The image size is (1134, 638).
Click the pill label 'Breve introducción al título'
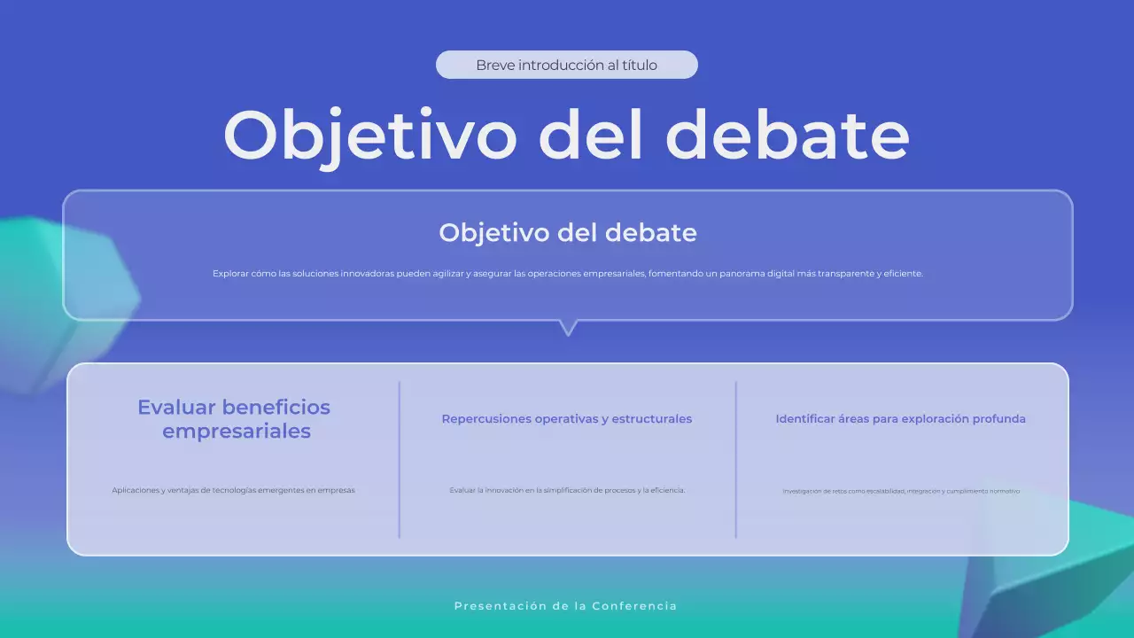click(567, 65)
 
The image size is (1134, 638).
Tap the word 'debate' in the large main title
click(787, 135)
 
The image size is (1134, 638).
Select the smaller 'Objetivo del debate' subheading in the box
click(567, 233)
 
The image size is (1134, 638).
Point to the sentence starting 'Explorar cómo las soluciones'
click(567, 274)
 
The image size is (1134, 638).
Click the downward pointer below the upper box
click(568, 327)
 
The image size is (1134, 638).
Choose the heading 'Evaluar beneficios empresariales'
click(234, 419)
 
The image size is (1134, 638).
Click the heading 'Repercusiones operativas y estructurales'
click(567, 419)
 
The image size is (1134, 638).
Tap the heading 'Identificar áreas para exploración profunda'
click(900, 419)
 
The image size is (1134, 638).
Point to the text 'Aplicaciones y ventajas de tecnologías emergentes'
click(233, 490)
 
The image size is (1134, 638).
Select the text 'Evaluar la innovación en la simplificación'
click(567, 490)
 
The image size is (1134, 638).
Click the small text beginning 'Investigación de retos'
click(901, 491)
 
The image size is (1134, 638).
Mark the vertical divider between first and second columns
click(400, 459)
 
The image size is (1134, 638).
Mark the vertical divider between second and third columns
click(735, 459)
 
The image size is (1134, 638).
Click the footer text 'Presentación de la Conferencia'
click(565, 606)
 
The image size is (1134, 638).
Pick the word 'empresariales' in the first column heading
click(237, 432)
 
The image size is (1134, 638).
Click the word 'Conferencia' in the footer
click(634, 606)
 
